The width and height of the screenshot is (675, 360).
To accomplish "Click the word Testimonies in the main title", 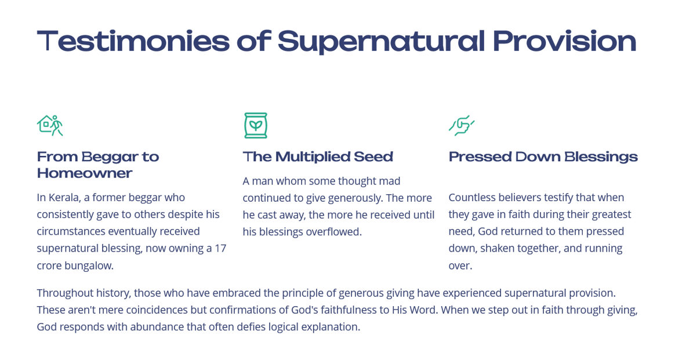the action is tap(133, 41).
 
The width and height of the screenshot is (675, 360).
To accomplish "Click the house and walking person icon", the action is tap(50, 125).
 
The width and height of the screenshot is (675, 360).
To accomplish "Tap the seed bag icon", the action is tap(256, 125).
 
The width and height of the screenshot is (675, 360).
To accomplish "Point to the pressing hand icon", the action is tap(462, 126).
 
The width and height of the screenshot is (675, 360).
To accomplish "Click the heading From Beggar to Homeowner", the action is tap(98, 165).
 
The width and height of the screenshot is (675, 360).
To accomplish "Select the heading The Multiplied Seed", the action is tap(318, 157).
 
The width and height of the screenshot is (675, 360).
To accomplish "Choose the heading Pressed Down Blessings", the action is tap(543, 157).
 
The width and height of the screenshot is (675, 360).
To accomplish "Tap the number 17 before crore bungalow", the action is tap(220, 249).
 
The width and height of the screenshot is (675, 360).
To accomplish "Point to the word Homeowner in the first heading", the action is tap(85, 173).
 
